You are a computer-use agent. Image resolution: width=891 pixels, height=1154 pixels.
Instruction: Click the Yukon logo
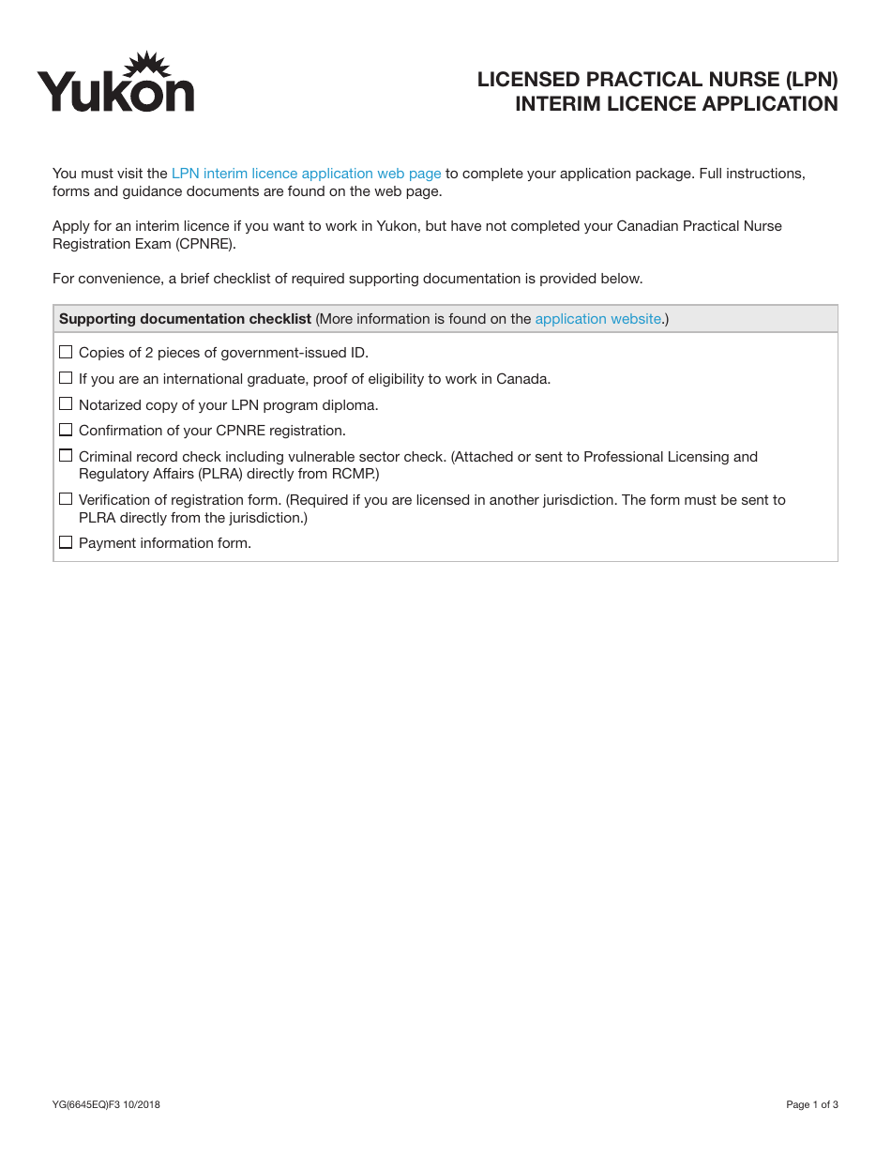pyautogui.click(x=115, y=84)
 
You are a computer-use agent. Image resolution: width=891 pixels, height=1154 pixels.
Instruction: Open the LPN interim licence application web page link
pyautogui.click(x=306, y=174)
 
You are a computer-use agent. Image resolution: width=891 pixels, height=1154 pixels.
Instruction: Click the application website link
pyautogui.click(x=597, y=319)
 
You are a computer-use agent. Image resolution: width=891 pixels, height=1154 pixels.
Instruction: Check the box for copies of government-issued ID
pyautogui.click(x=66, y=352)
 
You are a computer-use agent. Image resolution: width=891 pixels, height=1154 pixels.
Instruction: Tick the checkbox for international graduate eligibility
pyautogui.click(x=66, y=378)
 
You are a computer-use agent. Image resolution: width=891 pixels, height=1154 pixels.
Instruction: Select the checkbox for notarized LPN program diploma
pyautogui.click(x=66, y=404)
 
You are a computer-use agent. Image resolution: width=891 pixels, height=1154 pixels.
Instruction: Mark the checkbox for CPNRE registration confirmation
pyautogui.click(x=66, y=430)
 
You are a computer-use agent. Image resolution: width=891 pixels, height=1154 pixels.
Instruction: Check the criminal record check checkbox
pyautogui.click(x=66, y=456)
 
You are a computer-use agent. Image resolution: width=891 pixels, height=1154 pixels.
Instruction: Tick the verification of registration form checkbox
pyautogui.click(x=66, y=499)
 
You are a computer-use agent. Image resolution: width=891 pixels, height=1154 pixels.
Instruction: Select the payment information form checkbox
pyautogui.click(x=66, y=542)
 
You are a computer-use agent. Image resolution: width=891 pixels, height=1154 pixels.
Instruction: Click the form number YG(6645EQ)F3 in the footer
pyautogui.click(x=86, y=1104)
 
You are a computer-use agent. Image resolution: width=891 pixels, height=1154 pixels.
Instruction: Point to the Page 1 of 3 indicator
pyautogui.click(x=811, y=1104)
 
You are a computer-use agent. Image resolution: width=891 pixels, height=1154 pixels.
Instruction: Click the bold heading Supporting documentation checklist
pyautogui.click(x=185, y=319)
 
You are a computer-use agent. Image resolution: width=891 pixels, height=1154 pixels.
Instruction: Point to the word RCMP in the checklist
pyautogui.click(x=356, y=474)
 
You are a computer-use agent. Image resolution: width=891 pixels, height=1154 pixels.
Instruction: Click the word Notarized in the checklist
pyautogui.click(x=112, y=405)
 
